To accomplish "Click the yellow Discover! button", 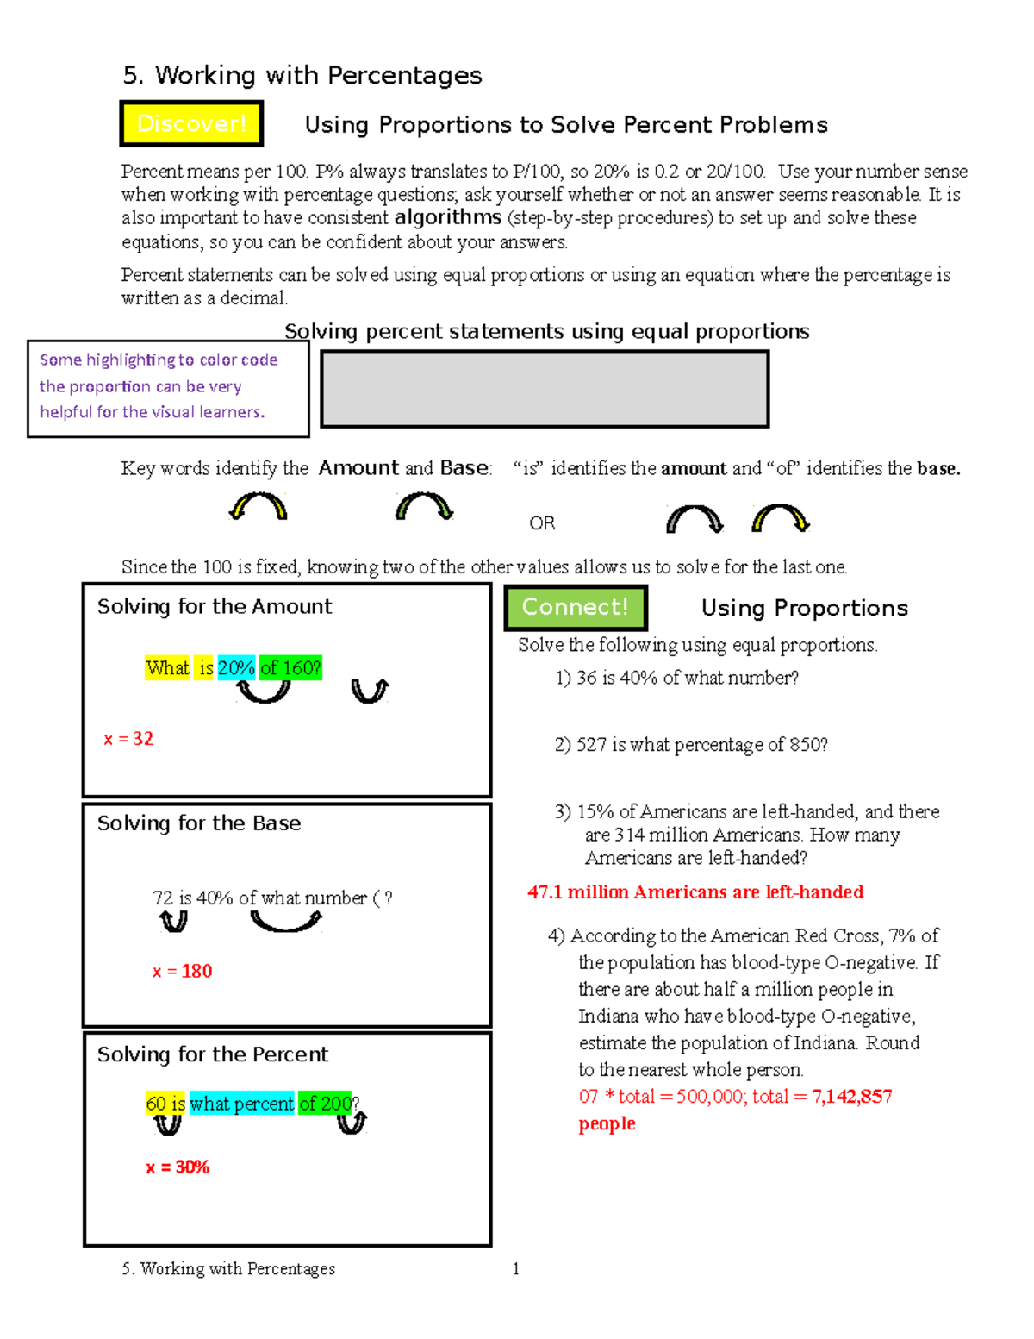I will pos(191,124).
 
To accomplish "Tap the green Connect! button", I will pos(575,607).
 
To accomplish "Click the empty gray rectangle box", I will pos(544,389).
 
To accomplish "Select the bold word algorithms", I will pos(447,217).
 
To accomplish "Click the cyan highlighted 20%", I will pos(236,668).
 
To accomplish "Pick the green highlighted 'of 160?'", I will pos(290,668).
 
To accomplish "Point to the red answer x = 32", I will pos(128,739).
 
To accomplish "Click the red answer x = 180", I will pos(182,972).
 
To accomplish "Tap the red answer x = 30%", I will pos(178,1167).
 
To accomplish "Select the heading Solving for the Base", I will pos(199,823).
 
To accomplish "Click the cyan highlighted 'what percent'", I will pos(241,1104).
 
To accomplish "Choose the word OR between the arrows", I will pos(542,523).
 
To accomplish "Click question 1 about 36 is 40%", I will pos(677,678).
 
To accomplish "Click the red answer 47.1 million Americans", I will pos(695,892).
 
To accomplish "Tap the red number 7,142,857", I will pos(851,1097).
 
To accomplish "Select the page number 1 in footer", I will pos(515,1268).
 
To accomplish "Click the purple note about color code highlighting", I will pos(159,386).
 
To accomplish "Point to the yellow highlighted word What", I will pos(167,668).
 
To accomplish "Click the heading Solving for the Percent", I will pos(213,1054).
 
